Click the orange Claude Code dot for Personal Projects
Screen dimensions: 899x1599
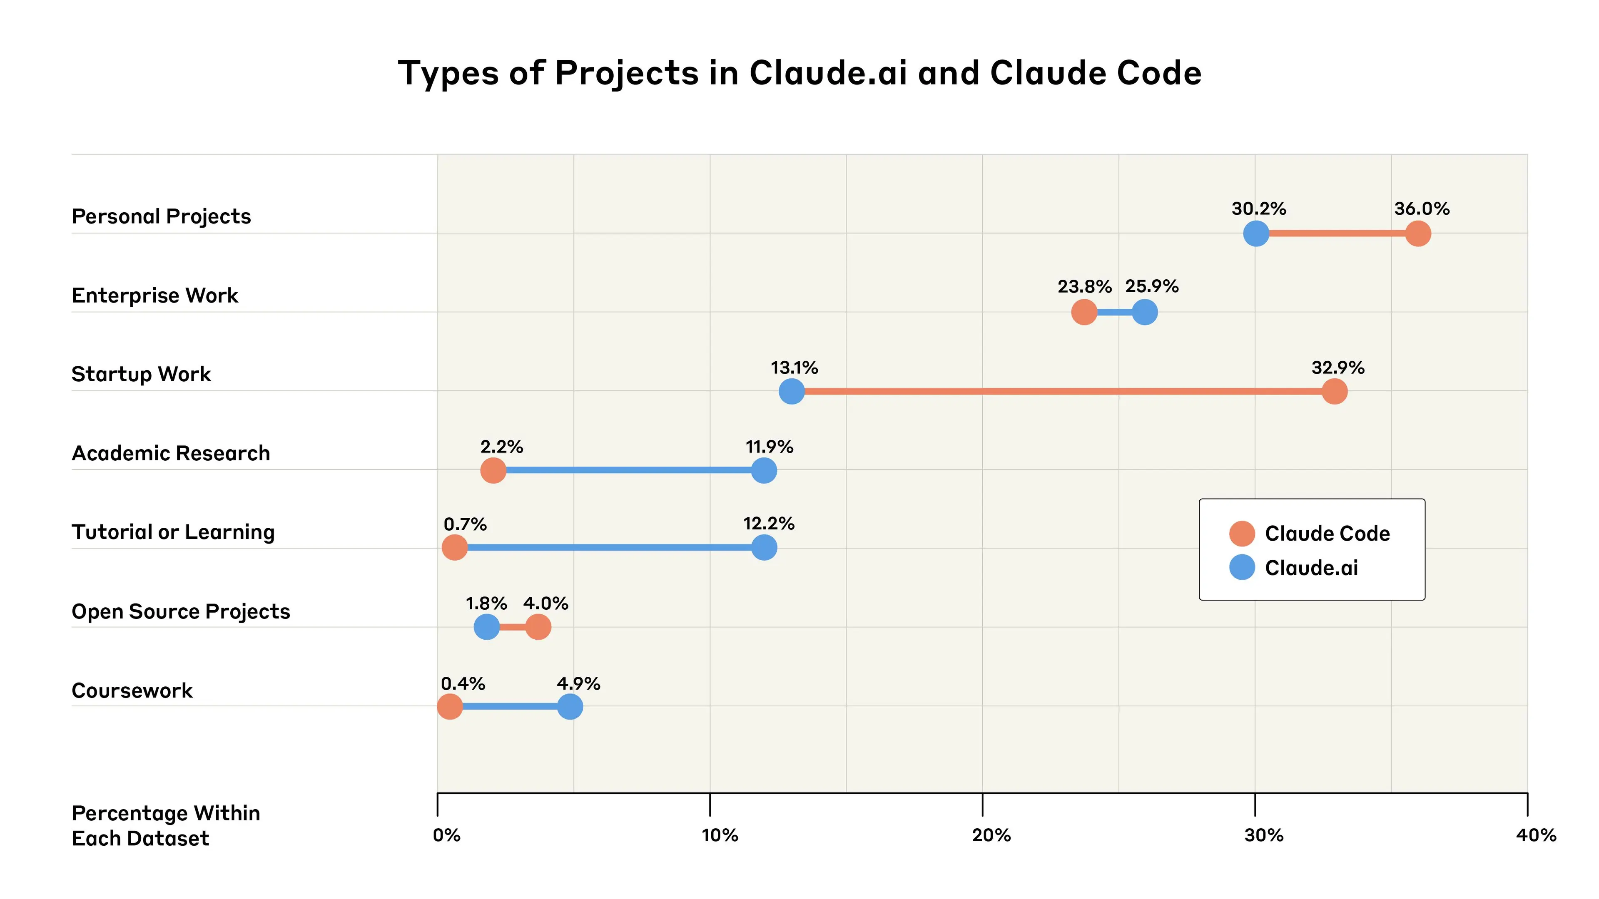click(1418, 234)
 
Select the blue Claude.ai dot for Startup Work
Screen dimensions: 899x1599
click(792, 392)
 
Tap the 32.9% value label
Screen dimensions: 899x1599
click(1337, 368)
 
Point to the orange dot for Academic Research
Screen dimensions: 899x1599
click(493, 470)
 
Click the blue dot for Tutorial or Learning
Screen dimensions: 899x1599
click(764, 548)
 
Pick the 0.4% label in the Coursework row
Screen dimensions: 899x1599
click(463, 684)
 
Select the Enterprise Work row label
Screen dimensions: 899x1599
click(154, 296)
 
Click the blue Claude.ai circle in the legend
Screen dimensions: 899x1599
click(1242, 567)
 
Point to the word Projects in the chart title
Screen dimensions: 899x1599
click(627, 73)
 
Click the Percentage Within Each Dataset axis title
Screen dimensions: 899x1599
click(166, 826)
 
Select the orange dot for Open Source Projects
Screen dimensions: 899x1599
click(538, 627)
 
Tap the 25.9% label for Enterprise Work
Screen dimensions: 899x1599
click(1151, 287)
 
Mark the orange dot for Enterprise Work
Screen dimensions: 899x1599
click(1084, 312)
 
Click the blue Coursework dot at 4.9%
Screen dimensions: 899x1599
click(570, 706)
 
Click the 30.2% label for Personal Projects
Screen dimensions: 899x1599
click(1258, 209)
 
